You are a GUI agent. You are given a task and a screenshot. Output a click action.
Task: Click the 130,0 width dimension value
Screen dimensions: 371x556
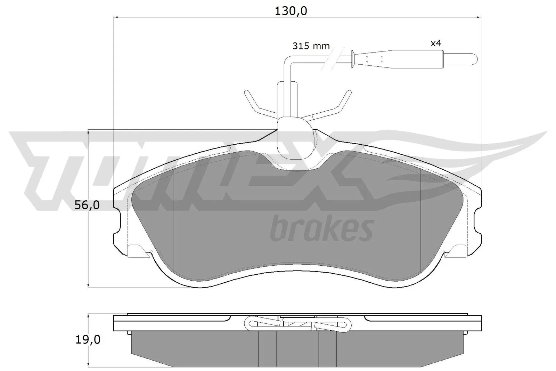coord(291,11)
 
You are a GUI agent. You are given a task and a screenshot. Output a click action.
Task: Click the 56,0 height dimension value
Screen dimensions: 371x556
coord(87,206)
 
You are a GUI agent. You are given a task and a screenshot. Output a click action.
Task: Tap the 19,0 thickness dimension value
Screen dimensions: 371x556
coord(87,339)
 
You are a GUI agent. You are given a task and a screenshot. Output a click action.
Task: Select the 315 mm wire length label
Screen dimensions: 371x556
coord(311,46)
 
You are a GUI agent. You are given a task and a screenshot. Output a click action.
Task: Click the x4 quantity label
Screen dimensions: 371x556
coord(436,43)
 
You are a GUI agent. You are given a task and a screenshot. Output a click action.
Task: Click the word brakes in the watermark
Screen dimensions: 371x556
coord(321,228)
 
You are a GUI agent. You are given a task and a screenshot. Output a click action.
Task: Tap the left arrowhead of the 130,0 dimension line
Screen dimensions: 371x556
coord(116,17)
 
